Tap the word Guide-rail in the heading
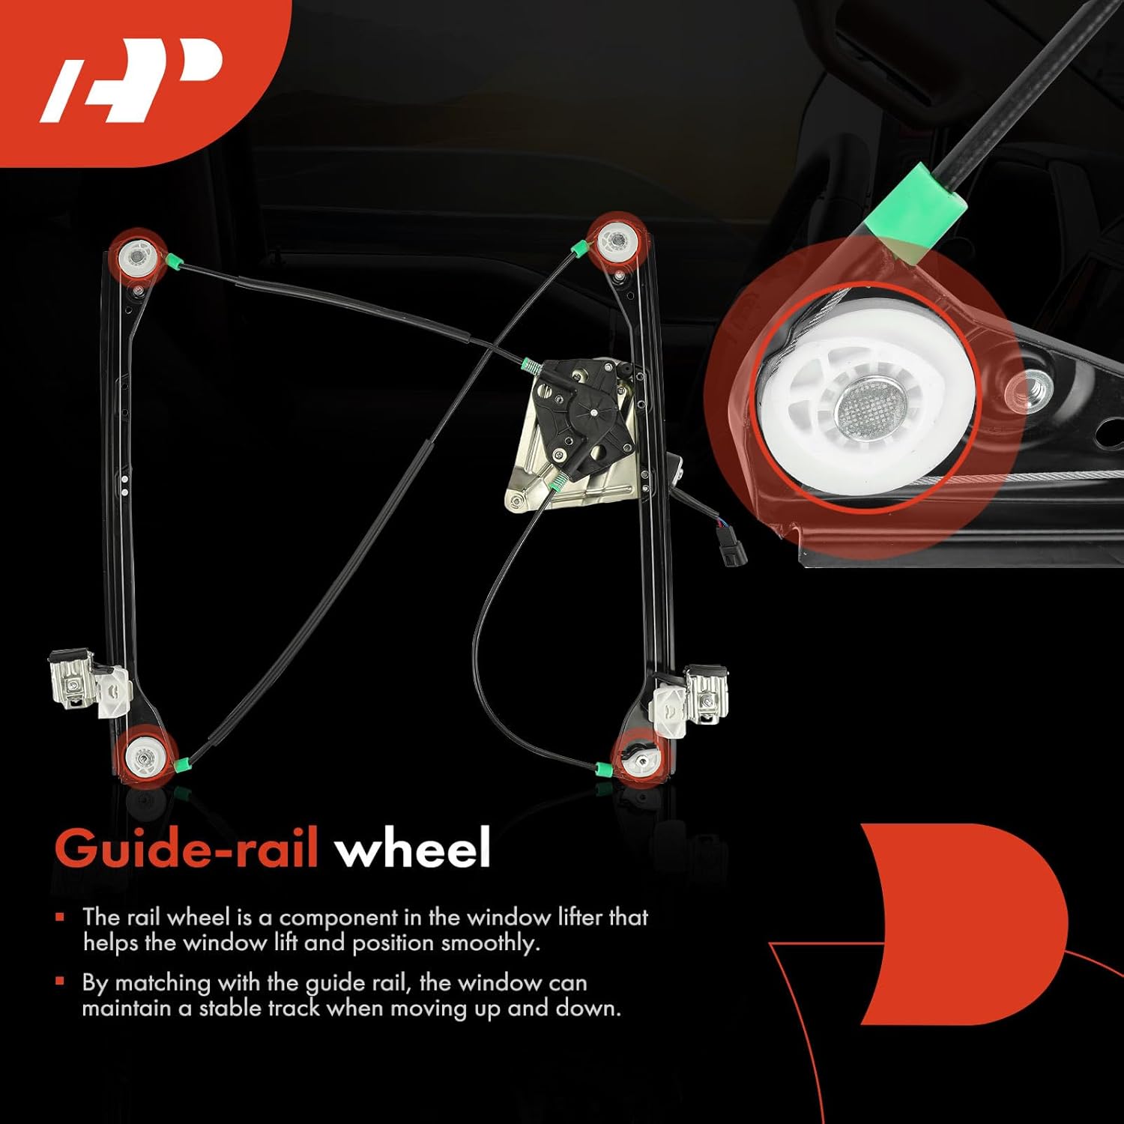187,848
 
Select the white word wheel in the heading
413,848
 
